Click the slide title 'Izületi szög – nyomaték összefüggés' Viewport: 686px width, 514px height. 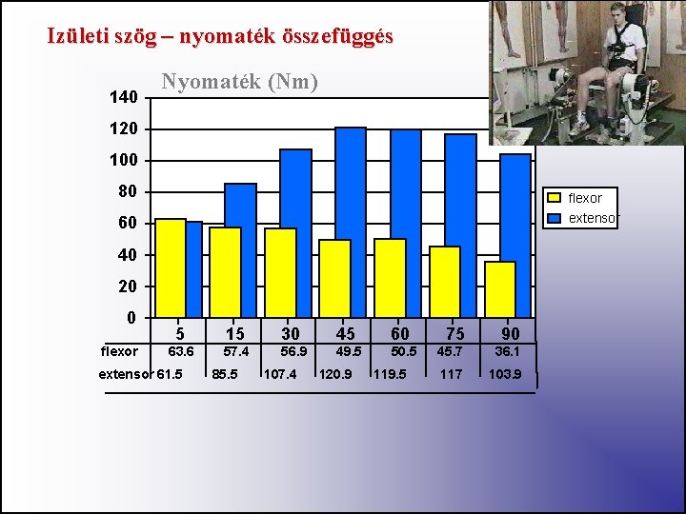point(220,37)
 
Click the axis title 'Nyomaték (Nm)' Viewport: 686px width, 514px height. point(239,82)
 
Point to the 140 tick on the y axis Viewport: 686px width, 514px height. point(123,98)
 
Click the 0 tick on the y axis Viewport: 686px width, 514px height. point(131,317)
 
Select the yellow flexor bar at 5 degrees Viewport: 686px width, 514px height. point(170,267)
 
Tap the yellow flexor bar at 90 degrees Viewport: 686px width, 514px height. point(499,288)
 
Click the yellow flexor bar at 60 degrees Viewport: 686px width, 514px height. point(390,277)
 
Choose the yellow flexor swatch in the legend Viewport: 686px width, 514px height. point(554,198)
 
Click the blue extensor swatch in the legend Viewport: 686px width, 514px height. point(554,218)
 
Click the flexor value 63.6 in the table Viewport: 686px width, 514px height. point(181,351)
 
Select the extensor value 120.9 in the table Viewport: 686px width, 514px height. point(335,374)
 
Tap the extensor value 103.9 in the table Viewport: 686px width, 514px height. point(505,374)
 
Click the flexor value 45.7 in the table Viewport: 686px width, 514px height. point(451,351)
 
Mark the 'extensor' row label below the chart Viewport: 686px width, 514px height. point(126,374)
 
